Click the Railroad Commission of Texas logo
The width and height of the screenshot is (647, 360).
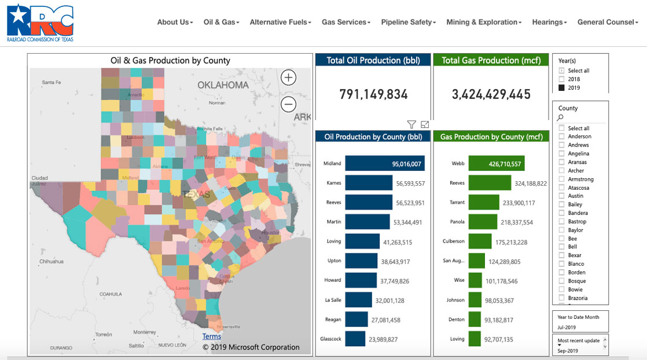41,23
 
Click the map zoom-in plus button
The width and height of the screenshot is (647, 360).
288,78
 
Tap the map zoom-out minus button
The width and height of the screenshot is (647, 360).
288,104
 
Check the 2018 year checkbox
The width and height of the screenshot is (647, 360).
561,79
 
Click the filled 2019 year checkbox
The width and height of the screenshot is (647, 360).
561,88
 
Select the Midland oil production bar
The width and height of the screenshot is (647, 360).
385,164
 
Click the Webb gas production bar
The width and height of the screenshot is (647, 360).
496,164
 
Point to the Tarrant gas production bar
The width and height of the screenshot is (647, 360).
484,203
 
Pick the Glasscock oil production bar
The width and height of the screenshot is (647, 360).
355,339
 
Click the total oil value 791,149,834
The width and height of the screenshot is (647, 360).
373,94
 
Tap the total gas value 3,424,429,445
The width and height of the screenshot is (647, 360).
491,94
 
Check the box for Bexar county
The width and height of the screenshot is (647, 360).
561,255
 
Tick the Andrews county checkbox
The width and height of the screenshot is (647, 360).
561,145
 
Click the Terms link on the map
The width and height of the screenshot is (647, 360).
212,336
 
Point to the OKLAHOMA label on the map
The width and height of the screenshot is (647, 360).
223,85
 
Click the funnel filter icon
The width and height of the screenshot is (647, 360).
411,124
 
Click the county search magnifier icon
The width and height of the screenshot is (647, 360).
560,117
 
